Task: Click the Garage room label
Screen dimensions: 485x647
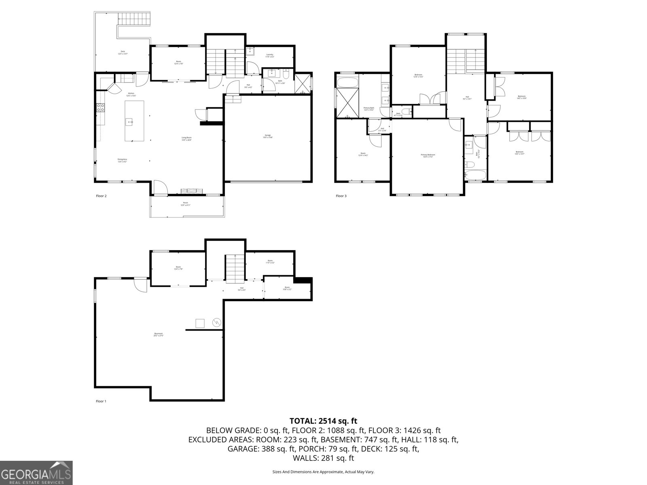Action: pos(268,136)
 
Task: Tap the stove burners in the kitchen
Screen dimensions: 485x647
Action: pos(100,108)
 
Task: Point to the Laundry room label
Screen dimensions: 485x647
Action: pos(270,55)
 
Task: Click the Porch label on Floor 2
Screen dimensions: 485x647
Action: pos(185,204)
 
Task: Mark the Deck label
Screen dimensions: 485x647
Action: pos(123,53)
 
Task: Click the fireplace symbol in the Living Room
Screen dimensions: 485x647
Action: pos(191,191)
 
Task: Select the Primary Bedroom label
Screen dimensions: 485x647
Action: pos(428,156)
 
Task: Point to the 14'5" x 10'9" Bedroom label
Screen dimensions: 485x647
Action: pos(522,97)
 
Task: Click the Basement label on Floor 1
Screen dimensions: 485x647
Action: pos(158,335)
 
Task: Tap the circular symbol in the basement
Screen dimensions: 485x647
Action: pos(217,323)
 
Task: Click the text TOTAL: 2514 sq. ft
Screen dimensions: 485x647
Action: pos(323,421)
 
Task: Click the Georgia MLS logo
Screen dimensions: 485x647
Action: pos(36,472)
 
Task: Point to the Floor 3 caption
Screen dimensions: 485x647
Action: pos(341,196)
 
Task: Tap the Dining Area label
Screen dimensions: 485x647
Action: pos(123,160)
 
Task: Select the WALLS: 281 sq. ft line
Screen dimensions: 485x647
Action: pos(323,458)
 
